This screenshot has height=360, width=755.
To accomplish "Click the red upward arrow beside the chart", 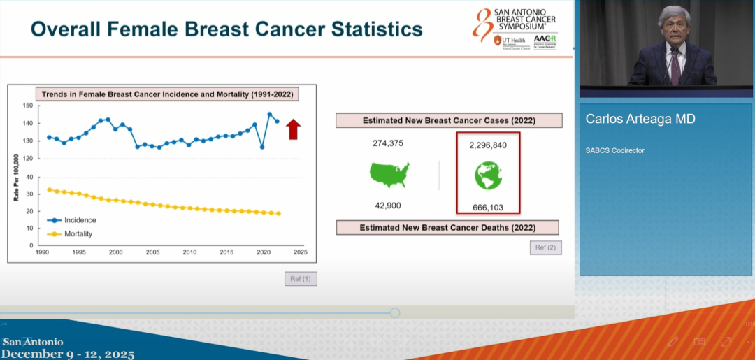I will point(294,129).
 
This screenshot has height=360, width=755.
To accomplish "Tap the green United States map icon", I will point(389,175).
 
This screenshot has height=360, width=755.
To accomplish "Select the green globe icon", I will point(488,175).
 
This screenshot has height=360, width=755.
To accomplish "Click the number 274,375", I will point(388,143).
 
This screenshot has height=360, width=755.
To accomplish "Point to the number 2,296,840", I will point(488,145).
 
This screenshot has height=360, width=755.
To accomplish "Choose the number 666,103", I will point(488,207).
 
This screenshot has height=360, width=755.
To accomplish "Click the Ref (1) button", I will point(301,279).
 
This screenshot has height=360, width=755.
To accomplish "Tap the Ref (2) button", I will point(545,247).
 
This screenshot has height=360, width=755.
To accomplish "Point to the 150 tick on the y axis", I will point(28,106).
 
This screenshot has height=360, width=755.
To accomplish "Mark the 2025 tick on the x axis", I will point(300,252).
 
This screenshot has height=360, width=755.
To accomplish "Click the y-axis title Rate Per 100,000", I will point(16,175).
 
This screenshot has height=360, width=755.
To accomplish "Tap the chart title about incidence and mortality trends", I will point(166,94).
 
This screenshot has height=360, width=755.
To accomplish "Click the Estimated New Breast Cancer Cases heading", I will point(449,120).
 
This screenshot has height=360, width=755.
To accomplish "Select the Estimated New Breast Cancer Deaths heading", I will point(447,227).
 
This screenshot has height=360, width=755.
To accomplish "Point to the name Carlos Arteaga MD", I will point(640,120).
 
